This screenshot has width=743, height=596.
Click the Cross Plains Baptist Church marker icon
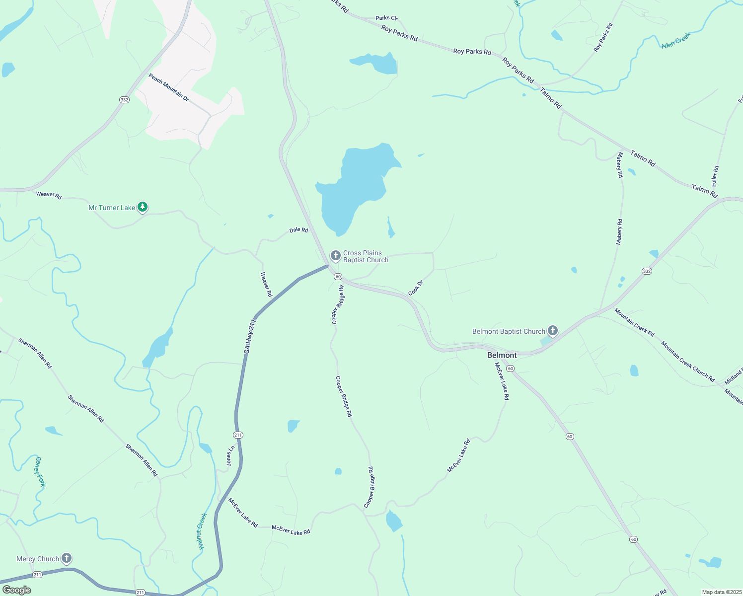point(335,256)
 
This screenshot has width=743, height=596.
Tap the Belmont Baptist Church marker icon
point(552,330)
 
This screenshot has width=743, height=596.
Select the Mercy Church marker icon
point(66,558)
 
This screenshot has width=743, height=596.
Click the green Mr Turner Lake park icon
point(143,207)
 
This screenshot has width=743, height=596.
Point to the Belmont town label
point(502,355)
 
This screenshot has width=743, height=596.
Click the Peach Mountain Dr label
point(168,87)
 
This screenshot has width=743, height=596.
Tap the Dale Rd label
point(298,230)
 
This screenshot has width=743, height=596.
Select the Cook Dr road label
point(415,288)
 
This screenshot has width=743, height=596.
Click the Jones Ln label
point(230,455)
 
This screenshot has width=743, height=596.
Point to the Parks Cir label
point(386,18)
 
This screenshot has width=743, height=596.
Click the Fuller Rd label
point(715,176)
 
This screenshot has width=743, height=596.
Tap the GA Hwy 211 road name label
point(250,336)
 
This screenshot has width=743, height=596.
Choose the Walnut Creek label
point(202,531)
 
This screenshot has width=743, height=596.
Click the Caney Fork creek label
point(40,471)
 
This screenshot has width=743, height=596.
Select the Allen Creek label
point(675,40)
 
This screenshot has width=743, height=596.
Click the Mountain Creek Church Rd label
point(687,361)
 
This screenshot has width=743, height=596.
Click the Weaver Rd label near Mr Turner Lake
point(49,195)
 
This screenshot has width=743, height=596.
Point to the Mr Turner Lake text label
point(112,208)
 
